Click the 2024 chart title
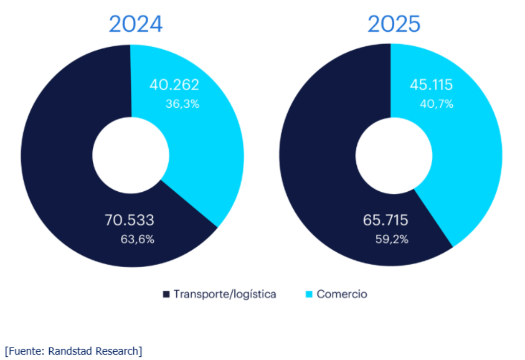pyautogui.click(x=135, y=24)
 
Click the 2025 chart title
pyautogui.click(x=394, y=24)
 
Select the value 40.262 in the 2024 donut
pyautogui.click(x=174, y=85)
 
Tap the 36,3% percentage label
pyautogui.click(x=182, y=104)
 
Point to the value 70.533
pyautogui.click(x=130, y=221)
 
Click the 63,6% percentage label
pyautogui.click(x=137, y=239)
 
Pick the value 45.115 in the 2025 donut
pyautogui.click(x=431, y=85)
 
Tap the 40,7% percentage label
pyautogui.click(x=436, y=104)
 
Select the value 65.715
pyautogui.click(x=386, y=221)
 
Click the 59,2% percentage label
pyautogui.click(x=392, y=239)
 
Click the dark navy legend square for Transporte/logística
pyautogui.click(x=166, y=294)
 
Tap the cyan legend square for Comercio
pyautogui.click(x=309, y=294)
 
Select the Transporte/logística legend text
pyautogui.click(x=225, y=294)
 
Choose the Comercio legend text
pyautogui.click(x=341, y=294)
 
